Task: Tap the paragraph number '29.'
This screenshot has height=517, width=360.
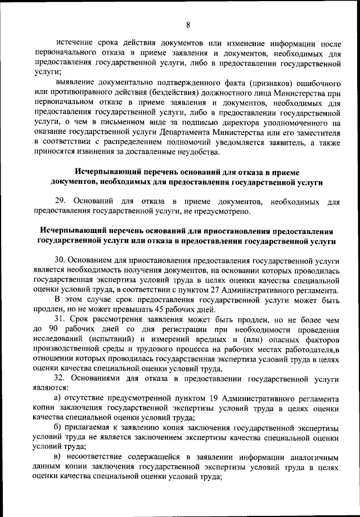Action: (62, 201)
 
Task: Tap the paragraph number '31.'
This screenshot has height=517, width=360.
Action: (61, 320)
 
